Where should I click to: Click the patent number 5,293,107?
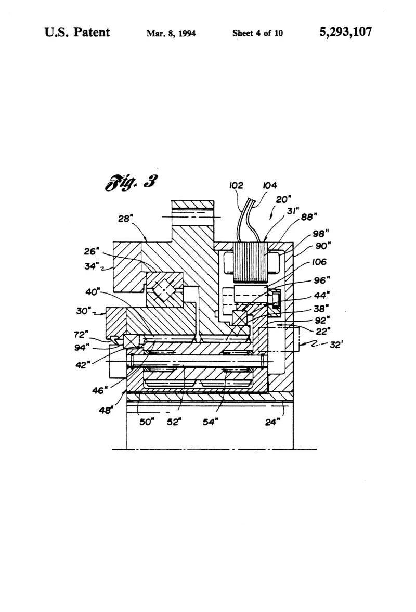tap(345, 32)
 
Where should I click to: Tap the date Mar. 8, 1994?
tap(171, 33)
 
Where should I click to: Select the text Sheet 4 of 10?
tap(257, 33)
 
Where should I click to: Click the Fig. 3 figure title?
tap(132, 182)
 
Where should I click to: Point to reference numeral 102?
tap(236, 185)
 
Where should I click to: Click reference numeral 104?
tap(270, 185)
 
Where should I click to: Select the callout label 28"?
tap(124, 219)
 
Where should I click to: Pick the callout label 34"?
tap(92, 266)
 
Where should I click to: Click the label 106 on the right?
tap(319, 262)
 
